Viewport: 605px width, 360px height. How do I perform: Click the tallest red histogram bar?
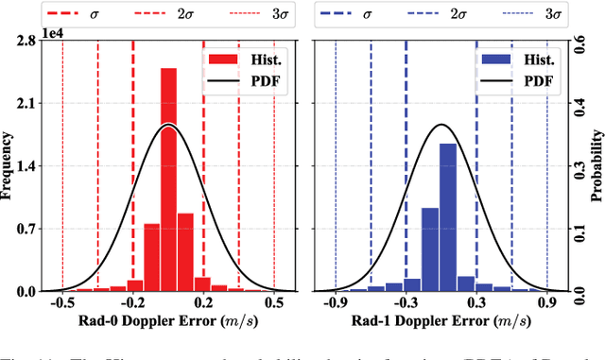point(168,180)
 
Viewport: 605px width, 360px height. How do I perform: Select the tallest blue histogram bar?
point(448,217)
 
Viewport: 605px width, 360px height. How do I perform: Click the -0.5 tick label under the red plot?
point(61,304)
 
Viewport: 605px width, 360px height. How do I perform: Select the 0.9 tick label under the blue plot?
point(547,304)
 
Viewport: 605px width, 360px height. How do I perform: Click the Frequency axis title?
point(9,166)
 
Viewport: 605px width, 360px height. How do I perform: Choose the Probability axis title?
point(596,166)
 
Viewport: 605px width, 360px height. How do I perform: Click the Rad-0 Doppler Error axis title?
point(168,323)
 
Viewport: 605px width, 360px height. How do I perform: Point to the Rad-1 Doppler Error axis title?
point(441,323)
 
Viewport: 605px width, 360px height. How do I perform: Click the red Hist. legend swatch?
point(221,60)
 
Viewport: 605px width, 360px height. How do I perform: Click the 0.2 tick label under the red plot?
point(204,304)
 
